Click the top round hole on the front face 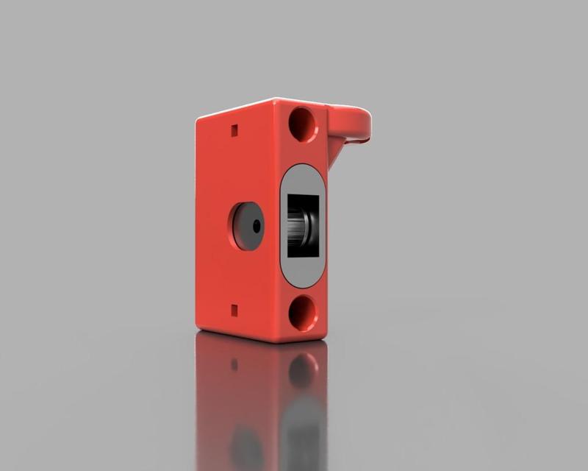tap(303, 124)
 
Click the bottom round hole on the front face tap(303, 313)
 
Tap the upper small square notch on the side tap(234, 131)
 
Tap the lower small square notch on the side tap(234, 310)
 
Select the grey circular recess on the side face tap(246, 226)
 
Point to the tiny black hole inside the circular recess tap(256, 227)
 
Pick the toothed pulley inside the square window tap(298, 227)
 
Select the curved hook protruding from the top tap(352, 122)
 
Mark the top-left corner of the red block tap(198, 120)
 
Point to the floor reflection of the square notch tap(234, 364)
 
